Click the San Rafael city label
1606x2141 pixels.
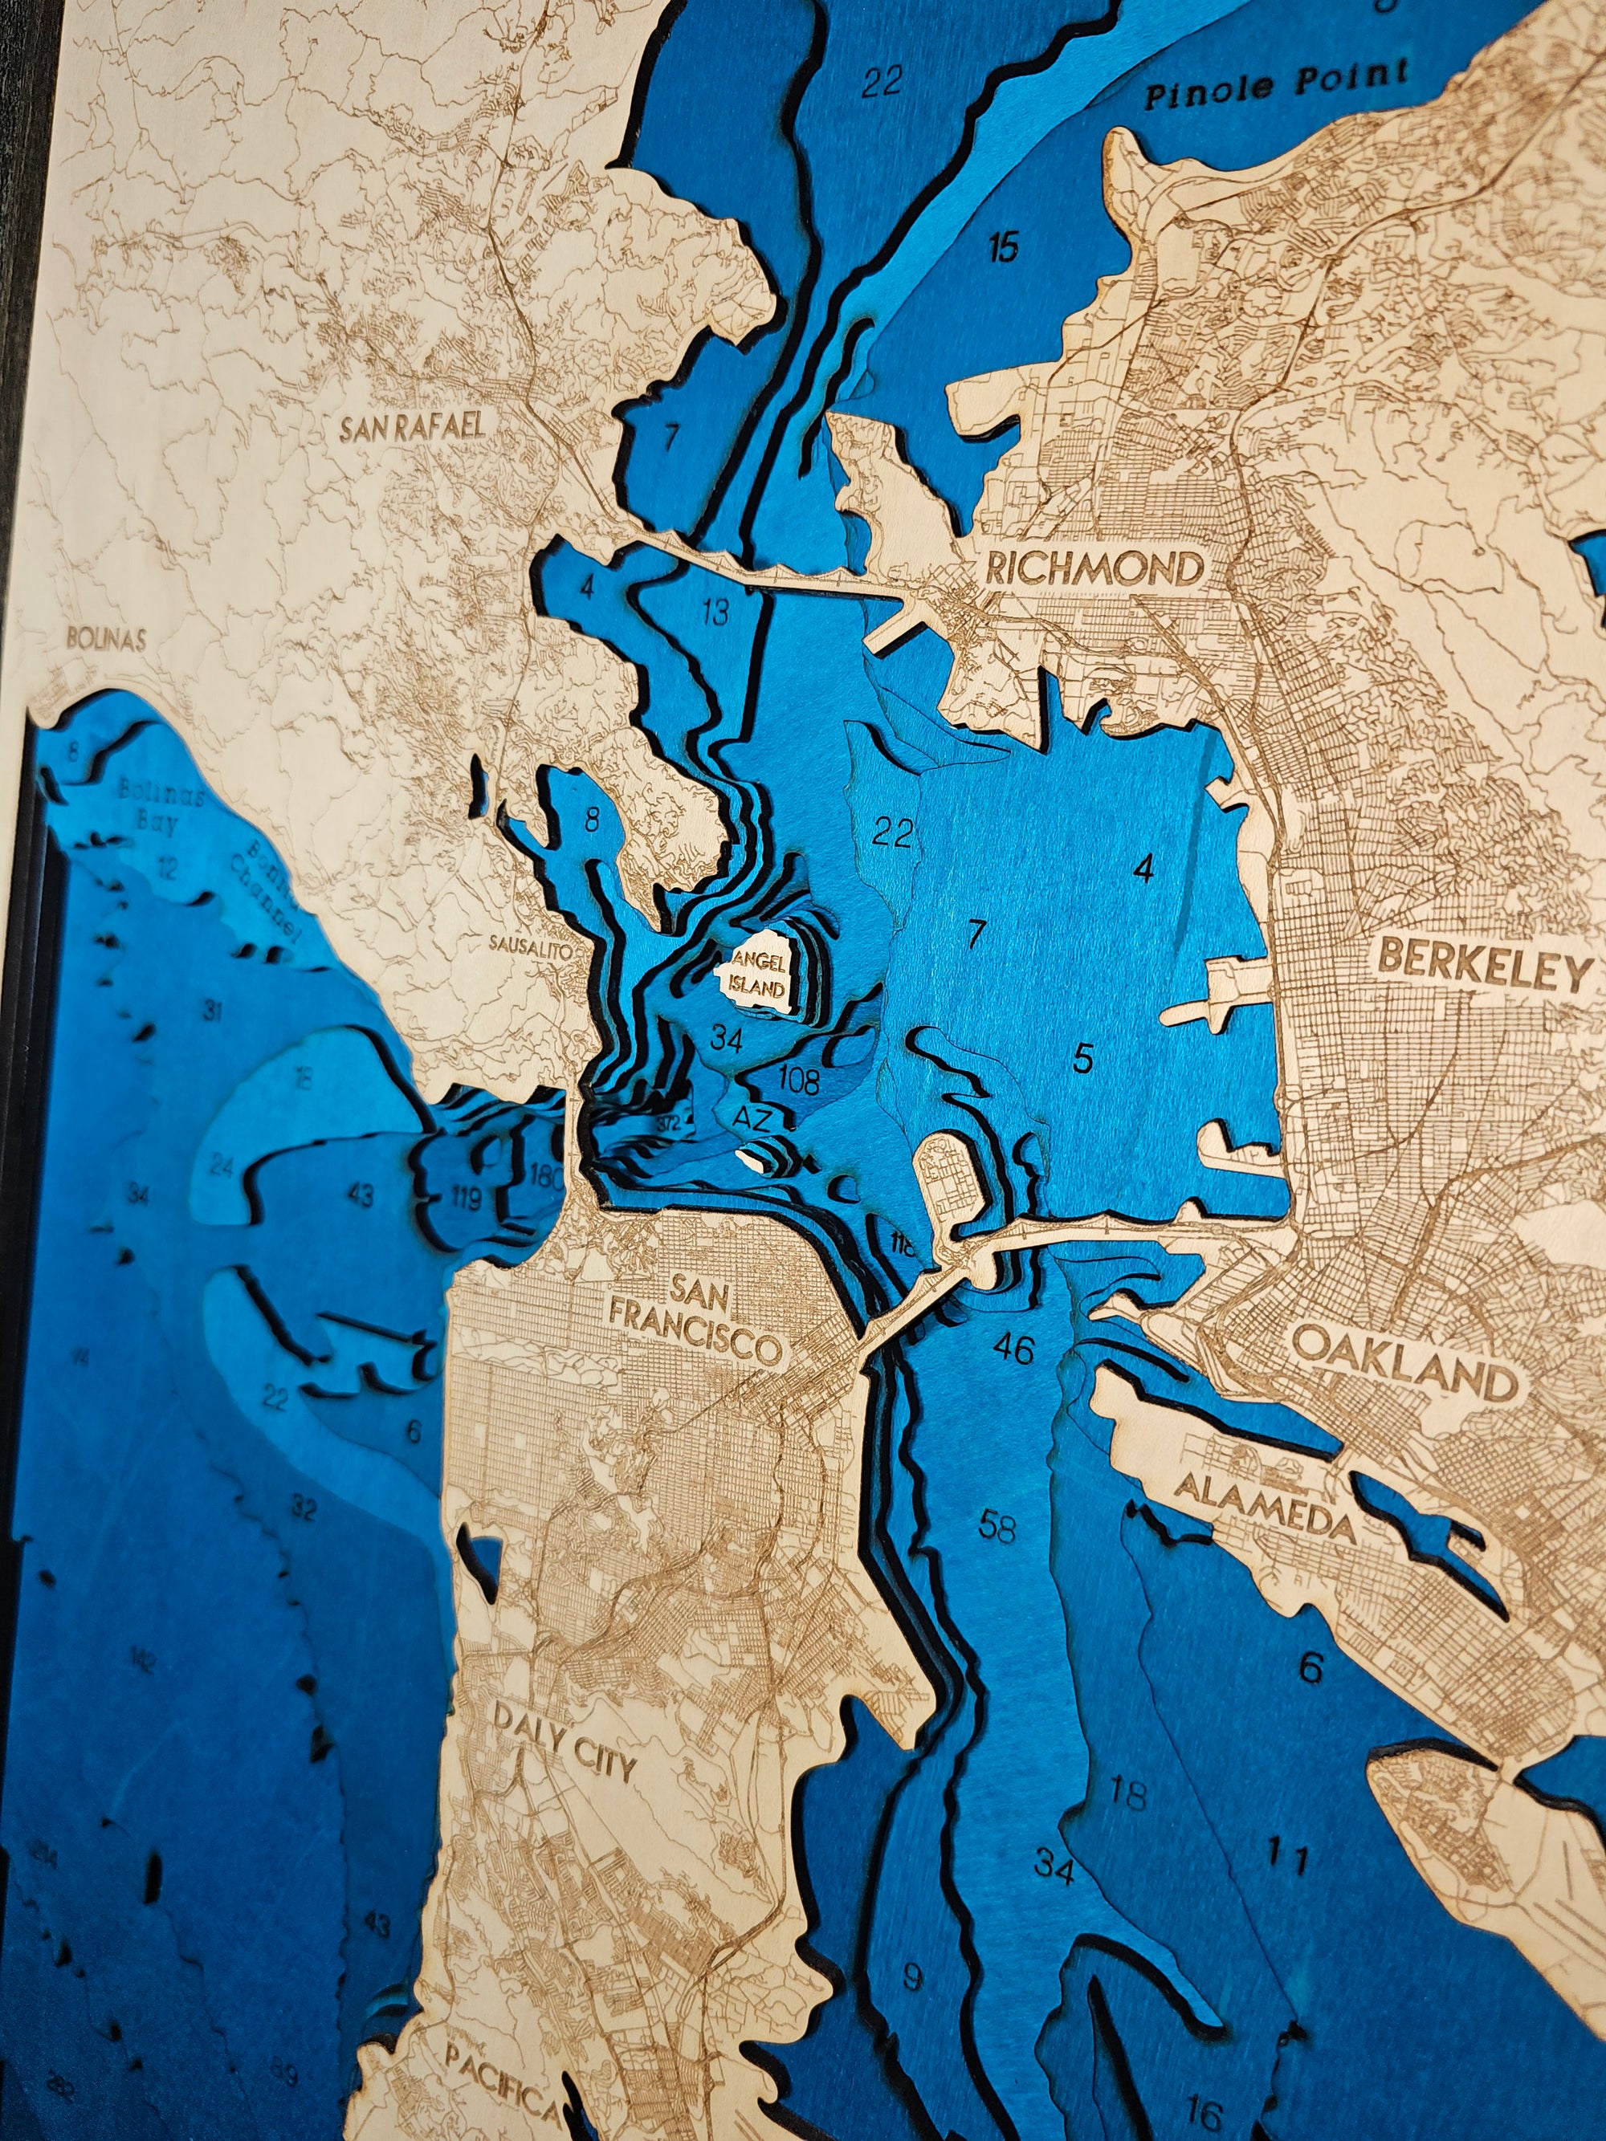tap(411, 427)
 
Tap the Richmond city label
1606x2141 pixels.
tap(1094, 568)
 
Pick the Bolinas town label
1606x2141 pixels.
tap(107, 639)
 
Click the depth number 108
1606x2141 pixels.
tap(799, 1081)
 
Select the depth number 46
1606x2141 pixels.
tap(1013, 1349)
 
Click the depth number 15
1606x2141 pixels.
tap(1004, 248)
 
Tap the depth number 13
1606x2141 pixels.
tap(715, 612)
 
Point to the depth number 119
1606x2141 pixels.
tap(466, 1200)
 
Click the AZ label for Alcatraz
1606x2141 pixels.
tap(752, 1120)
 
